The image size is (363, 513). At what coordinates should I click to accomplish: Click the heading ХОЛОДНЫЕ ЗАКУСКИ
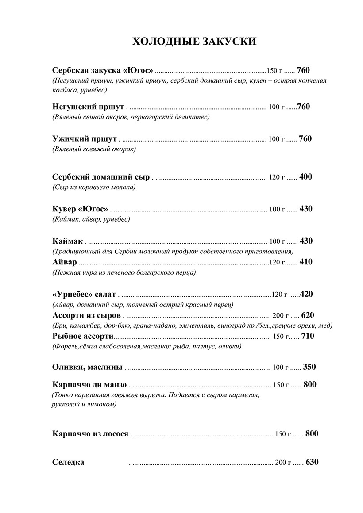point(195,42)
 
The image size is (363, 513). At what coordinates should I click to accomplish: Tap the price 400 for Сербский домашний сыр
point(306,177)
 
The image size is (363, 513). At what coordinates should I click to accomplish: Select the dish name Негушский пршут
point(88,107)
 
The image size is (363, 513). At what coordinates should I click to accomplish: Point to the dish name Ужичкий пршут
point(85,138)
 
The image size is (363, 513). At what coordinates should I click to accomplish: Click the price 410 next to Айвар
point(306,262)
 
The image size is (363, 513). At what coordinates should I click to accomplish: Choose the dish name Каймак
point(67,241)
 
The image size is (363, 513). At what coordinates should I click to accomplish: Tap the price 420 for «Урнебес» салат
point(307,294)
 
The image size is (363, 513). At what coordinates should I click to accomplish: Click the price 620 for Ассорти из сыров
point(307,315)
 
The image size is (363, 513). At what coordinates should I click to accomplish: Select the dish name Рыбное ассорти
point(83,337)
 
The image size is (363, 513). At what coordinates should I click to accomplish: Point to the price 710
point(308,337)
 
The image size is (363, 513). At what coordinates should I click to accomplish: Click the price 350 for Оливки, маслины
point(309,367)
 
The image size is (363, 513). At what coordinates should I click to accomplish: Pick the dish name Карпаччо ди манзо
point(89,384)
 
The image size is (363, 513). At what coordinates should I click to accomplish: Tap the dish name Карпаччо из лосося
point(90,434)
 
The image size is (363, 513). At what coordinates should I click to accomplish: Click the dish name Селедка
point(68,463)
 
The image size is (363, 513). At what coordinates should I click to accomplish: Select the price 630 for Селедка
point(312,463)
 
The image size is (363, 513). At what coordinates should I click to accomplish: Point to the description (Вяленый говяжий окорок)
point(94,149)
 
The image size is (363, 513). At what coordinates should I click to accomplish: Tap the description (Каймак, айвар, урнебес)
point(91,219)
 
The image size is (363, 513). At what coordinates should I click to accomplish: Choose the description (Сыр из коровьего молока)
point(93,188)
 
